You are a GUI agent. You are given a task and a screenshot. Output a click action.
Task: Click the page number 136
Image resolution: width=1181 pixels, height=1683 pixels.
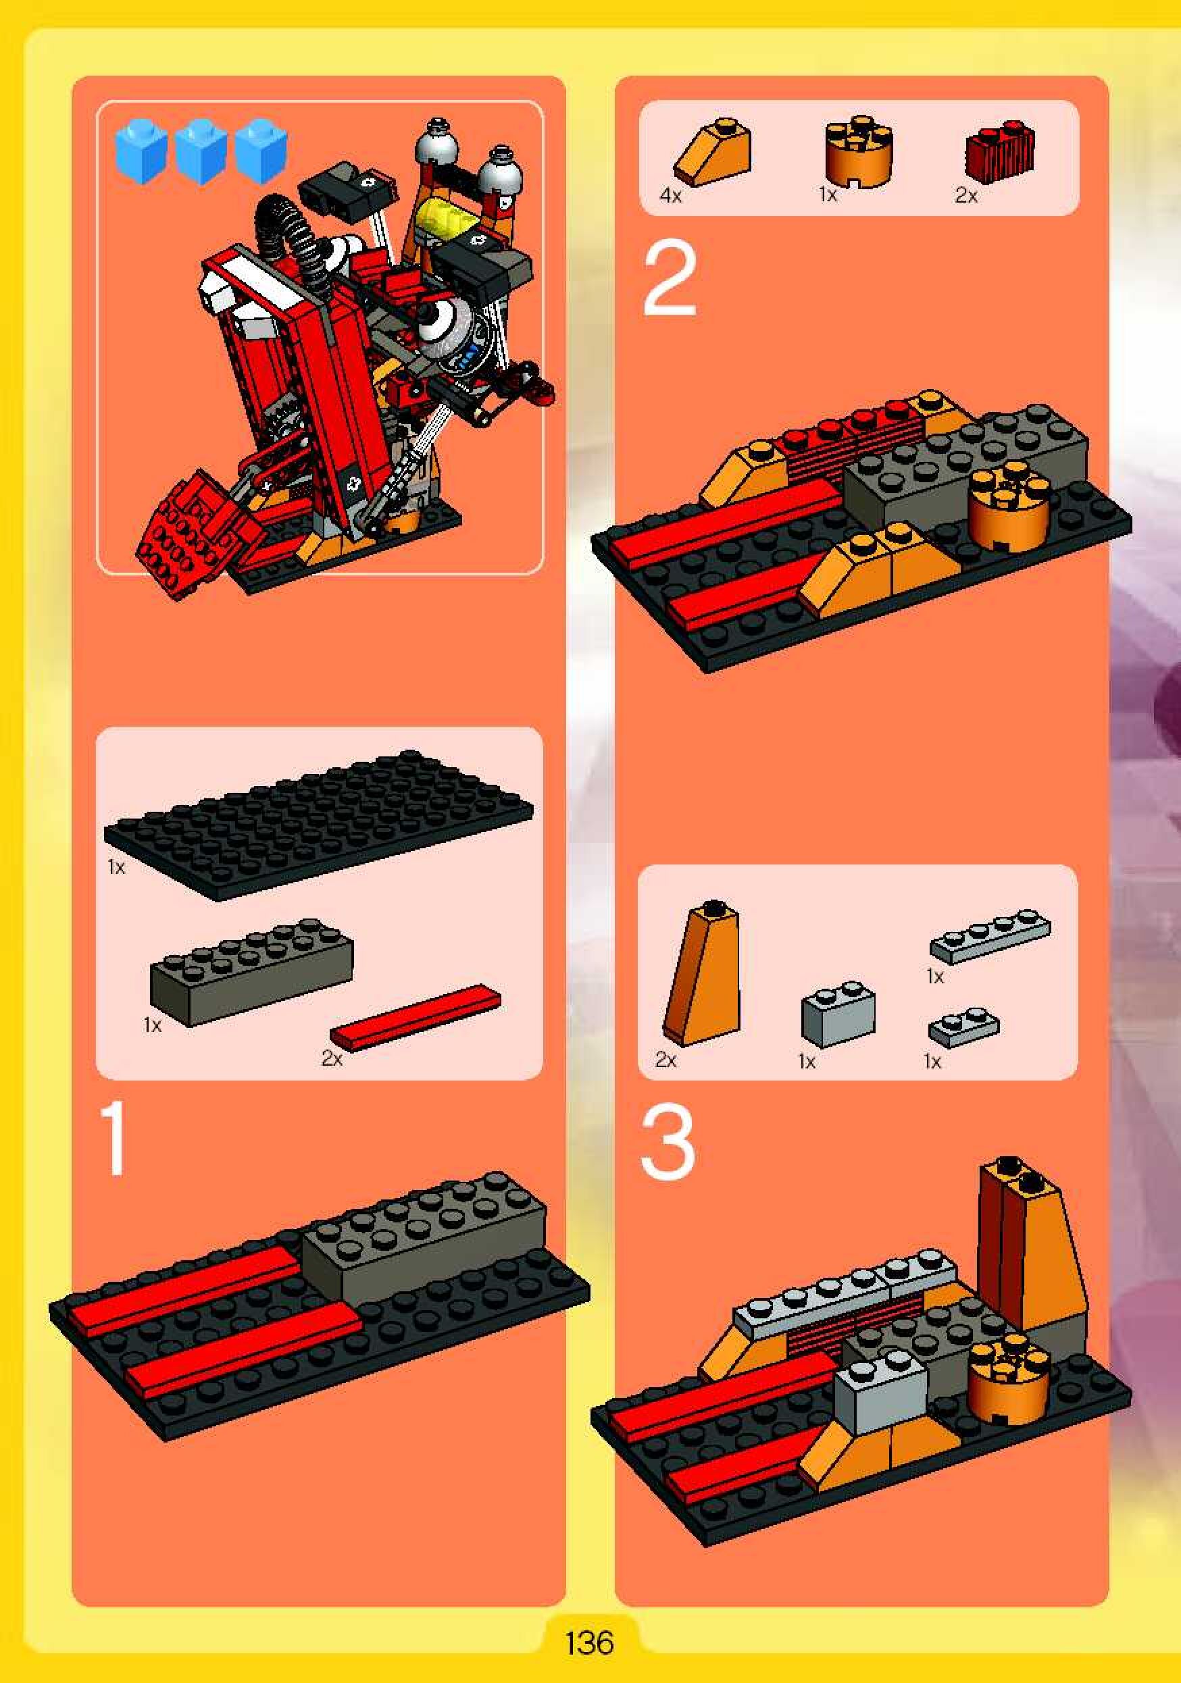[x=589, y=1642]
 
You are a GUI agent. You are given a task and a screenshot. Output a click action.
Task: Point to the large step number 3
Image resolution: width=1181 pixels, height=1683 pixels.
[x=667, y=1143]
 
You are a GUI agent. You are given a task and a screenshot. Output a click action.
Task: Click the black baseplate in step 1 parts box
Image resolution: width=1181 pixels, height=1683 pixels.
[x=319, y=825]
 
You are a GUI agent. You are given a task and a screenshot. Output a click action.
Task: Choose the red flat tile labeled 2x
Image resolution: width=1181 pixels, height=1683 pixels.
[x=416, y=1016]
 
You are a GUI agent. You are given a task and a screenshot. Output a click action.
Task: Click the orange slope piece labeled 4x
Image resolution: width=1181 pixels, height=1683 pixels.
[x=713, y=152]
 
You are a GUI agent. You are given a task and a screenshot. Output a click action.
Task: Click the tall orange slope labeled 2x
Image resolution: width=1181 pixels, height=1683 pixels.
[x=702, y=970]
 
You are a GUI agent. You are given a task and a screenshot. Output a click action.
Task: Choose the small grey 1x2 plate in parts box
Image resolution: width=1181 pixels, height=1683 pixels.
[x=963, y=1027]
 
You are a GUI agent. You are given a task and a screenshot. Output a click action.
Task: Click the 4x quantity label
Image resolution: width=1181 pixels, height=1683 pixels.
[x=670, y=196]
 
